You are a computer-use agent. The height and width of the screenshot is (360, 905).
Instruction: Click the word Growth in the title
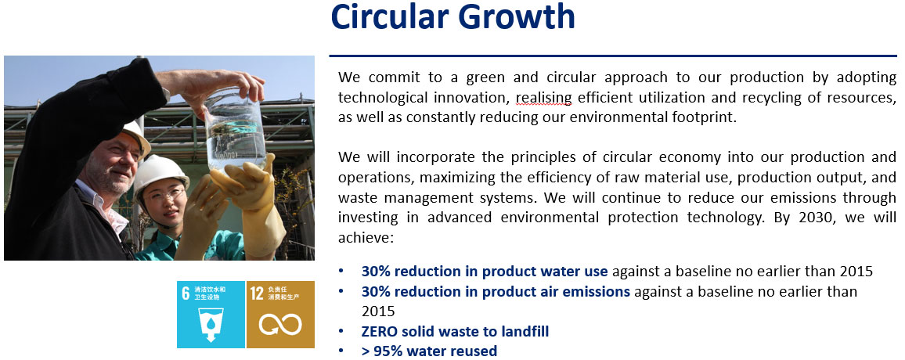pos(517,16)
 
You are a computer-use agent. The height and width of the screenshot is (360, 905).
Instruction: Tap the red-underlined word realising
pos(543,98)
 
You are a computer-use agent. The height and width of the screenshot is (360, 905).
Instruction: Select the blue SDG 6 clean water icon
pos(211,315)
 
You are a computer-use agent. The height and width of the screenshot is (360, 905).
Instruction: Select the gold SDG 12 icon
pos(280,315)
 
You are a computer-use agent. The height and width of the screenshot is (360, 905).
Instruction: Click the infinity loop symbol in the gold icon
pos(280,324)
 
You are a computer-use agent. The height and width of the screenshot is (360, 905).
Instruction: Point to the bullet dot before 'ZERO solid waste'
pos(341,331)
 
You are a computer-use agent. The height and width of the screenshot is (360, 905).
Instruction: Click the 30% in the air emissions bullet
pos(376,292)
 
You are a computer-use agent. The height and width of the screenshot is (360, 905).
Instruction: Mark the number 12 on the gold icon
pos(258,293)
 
